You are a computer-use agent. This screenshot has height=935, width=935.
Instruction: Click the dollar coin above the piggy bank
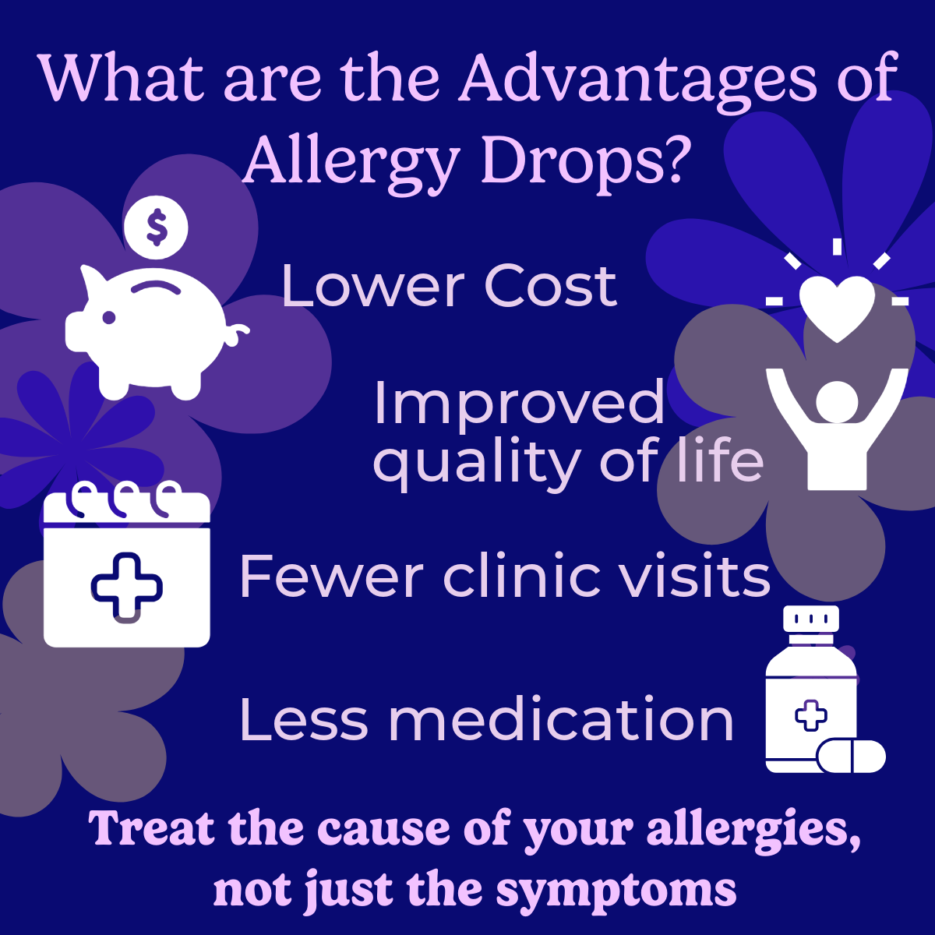click(x=156, y=227)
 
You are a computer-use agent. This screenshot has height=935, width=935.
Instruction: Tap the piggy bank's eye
click(x=108, y=318)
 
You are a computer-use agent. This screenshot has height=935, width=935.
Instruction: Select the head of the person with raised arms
click(x=837, y=402)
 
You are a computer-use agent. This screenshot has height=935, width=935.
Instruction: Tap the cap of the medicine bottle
click(x=811, y=618)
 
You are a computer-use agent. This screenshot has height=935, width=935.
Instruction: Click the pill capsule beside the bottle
click(x=852, y=756)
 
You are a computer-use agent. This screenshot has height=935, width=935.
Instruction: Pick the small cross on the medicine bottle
click(x=811, y=714)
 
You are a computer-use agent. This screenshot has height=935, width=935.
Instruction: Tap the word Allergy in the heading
click(x=351, y=162)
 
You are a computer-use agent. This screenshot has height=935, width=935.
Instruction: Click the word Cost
click(x=551, y=286)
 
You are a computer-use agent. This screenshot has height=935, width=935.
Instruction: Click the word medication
click(x=561, y=720)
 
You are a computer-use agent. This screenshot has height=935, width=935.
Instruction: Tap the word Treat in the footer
click(x=151, y=829)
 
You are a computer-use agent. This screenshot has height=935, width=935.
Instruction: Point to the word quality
click(x=478, y=464)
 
